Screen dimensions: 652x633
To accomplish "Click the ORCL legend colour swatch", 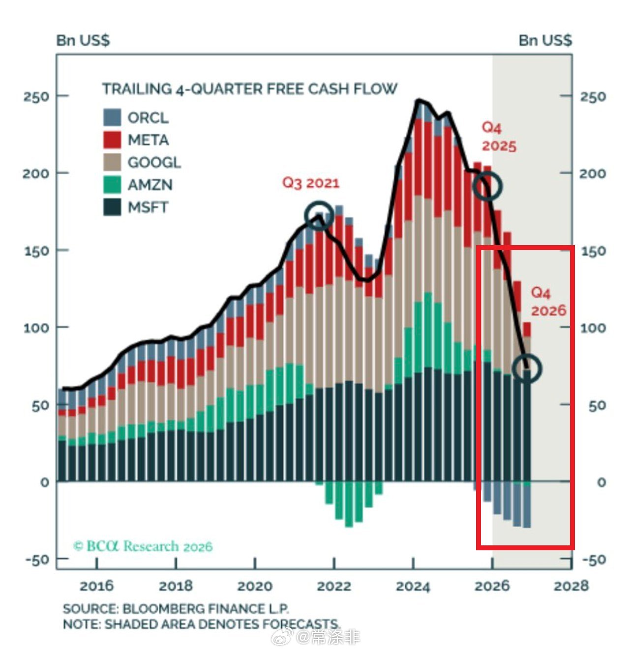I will coord(112,117).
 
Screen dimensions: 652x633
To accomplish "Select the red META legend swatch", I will coord(112,140).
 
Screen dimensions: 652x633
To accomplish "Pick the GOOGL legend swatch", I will coord(112,162).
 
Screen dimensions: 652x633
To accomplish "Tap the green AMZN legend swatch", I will coord(112,185).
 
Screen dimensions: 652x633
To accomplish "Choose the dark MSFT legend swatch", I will coord(112,207).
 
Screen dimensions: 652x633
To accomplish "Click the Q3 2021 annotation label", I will coord(310,183).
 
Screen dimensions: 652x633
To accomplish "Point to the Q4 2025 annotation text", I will coord(498,137).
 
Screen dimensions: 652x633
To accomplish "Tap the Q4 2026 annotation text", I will coord(548,302).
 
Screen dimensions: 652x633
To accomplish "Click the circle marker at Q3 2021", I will coord(319,215).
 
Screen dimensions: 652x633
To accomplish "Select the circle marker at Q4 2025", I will coord(487,186).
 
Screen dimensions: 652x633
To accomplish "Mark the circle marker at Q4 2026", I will coord(527,368).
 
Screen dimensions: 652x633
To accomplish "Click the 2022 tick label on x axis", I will coord(334,586).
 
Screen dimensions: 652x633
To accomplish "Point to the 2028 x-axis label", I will coord(571,586).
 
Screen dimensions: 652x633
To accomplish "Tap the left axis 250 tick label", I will coord(36,97).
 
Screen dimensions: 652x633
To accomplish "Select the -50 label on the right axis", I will coord(594,560).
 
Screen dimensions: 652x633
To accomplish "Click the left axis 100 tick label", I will coord(36,328).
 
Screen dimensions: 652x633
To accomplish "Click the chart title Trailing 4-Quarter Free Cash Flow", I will coord(249,89).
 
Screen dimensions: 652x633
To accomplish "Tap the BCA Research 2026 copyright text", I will coord(143,546).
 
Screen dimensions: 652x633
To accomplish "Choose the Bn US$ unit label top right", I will coord(545,40).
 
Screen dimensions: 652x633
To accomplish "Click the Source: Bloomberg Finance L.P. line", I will coord(176,609).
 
